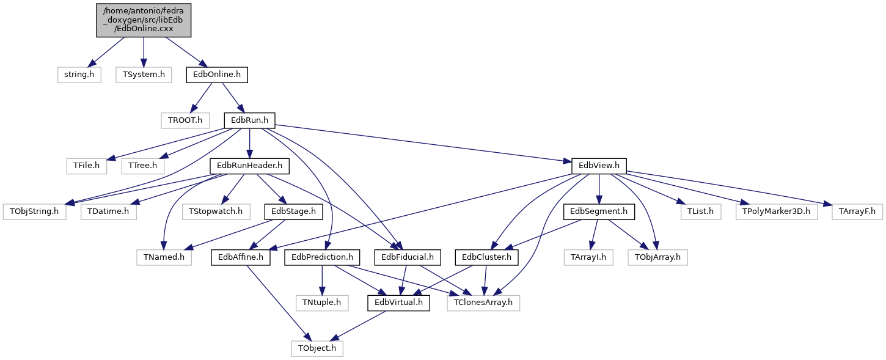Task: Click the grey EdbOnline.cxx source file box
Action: tap(144, 21)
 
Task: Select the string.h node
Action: tap(79, 75)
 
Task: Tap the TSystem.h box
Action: tap(144, 75)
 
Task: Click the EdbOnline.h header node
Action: tap(217, 75)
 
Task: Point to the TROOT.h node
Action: tap(185, 120)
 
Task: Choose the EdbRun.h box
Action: tap(249, 120)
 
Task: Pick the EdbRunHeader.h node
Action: tap(249, 166)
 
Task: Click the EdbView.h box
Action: tap(599, 166)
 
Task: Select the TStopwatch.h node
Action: tap(216, 211)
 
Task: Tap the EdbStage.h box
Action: tap(293, 211)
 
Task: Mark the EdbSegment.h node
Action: tap(599, 211)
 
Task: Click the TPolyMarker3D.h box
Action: tap(777, 211)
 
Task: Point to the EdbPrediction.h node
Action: tap(322, 257)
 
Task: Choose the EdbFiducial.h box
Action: tap(408, 257)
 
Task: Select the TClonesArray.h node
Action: tap(483, 303)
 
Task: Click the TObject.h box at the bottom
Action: tap(317, 348)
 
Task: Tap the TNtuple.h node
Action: tap(322, 303)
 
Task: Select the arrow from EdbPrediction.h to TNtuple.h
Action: tap(322, 281)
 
